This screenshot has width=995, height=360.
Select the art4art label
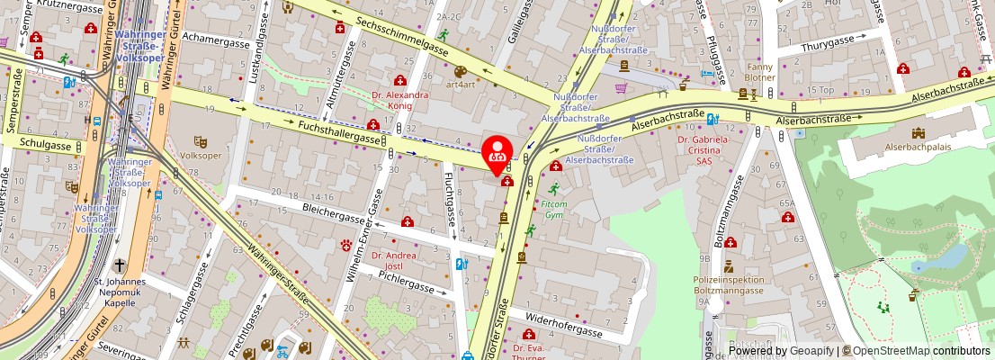pos(460,85)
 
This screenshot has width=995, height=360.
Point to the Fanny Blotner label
pos(759,72)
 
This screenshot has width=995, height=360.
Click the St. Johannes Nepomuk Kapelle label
pos(121,294)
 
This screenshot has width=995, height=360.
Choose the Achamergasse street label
pos(215,40)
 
